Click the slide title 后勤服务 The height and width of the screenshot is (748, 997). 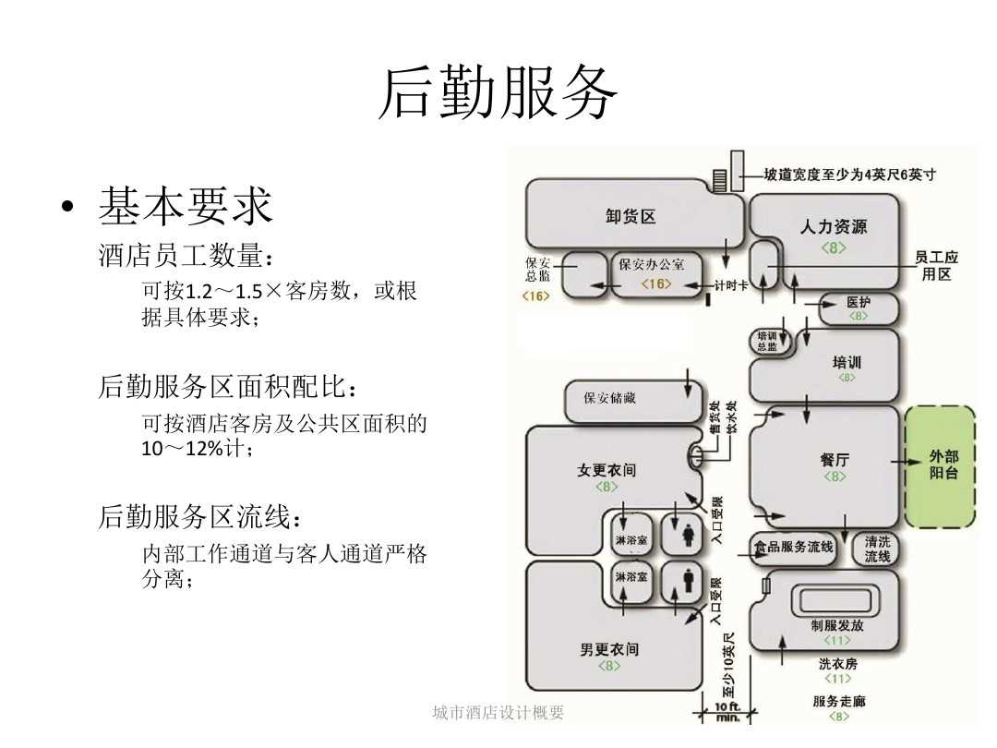[498, 93]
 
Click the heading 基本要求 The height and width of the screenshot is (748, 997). [186, 206]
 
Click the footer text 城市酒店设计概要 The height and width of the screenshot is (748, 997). [498, 712]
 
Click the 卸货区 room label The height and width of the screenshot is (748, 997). [631, 217]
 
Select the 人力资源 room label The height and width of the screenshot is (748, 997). [833, 226]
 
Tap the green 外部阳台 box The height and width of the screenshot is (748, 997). [943, 464]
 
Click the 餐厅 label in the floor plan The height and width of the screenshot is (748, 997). [834, 460]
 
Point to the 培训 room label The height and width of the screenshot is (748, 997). [846, 363]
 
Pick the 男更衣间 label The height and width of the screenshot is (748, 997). [608, 649]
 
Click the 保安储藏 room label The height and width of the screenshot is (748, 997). [609, 399]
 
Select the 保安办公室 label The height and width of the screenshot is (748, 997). [652, 265]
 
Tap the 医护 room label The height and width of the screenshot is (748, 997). [858, 302]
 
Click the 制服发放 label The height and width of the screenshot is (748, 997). [836, 625]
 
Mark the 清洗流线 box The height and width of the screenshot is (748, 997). [877, 549]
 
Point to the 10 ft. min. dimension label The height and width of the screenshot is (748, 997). [727, 711]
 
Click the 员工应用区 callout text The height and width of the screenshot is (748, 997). [936, 266]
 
